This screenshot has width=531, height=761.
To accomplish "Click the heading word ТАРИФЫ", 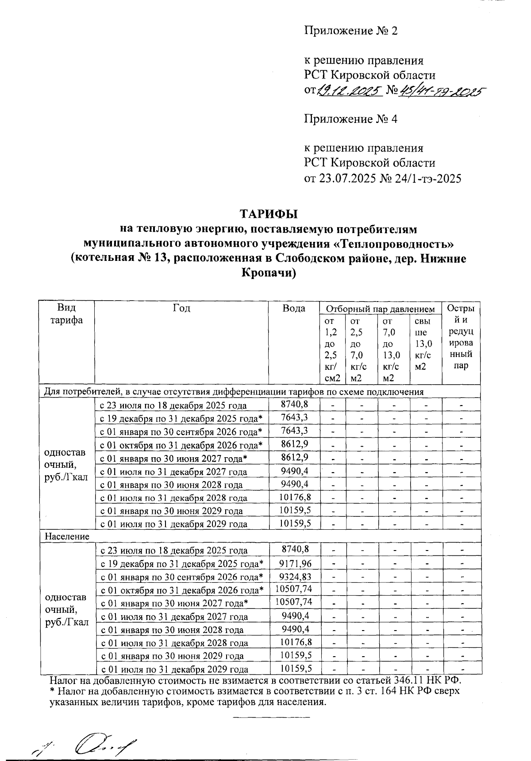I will pyautogui.click(x=269, y=214).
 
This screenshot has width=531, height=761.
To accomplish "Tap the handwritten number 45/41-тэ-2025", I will pyautogui.click(x=440, y=91).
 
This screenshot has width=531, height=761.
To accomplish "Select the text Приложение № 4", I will pyautogui.click(x=350, y=119).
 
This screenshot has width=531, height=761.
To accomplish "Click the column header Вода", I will pyautogui.click(x=294, y=308).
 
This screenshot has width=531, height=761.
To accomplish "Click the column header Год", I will pyautogui.click(x=181, y=308).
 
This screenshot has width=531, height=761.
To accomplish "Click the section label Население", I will pyautogui.click(x=67, y=536).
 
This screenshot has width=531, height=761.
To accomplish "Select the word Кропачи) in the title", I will pyautogui.click(x=269, y=273).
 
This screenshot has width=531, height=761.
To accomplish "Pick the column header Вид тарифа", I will pyautogui.click(x=67, y=314).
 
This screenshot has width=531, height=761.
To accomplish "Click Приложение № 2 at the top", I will pyautogui.click(x=351, y=31).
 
